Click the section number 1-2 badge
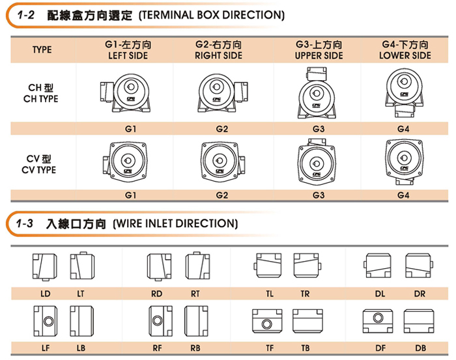click(x=25, y=14)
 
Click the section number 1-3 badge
click(x=25, y=223)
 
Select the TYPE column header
click(x=42, y=50)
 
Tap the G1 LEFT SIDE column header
click(x=128, y=50)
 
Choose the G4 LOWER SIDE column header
click(x=405, y=50)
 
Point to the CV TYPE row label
click(x=40, y=164)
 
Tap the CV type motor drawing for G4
click(x=405, y=163)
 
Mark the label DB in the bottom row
click(x=420, y=348)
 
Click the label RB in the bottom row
click(x=195, y=348)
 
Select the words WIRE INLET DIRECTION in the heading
click(x=175, y=223)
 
